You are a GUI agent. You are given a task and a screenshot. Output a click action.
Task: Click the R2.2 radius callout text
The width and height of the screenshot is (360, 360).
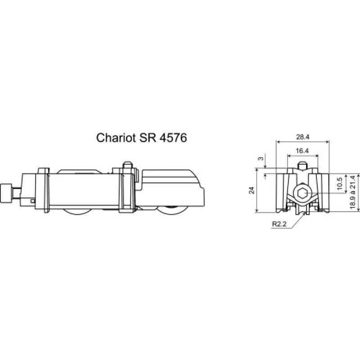click(x=279, y=224)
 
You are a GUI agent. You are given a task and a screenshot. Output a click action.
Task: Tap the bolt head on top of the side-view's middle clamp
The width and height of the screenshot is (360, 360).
click(x=128, y=165)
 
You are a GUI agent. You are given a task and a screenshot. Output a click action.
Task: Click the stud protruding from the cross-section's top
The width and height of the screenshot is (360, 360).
click(x=303, y=166)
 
